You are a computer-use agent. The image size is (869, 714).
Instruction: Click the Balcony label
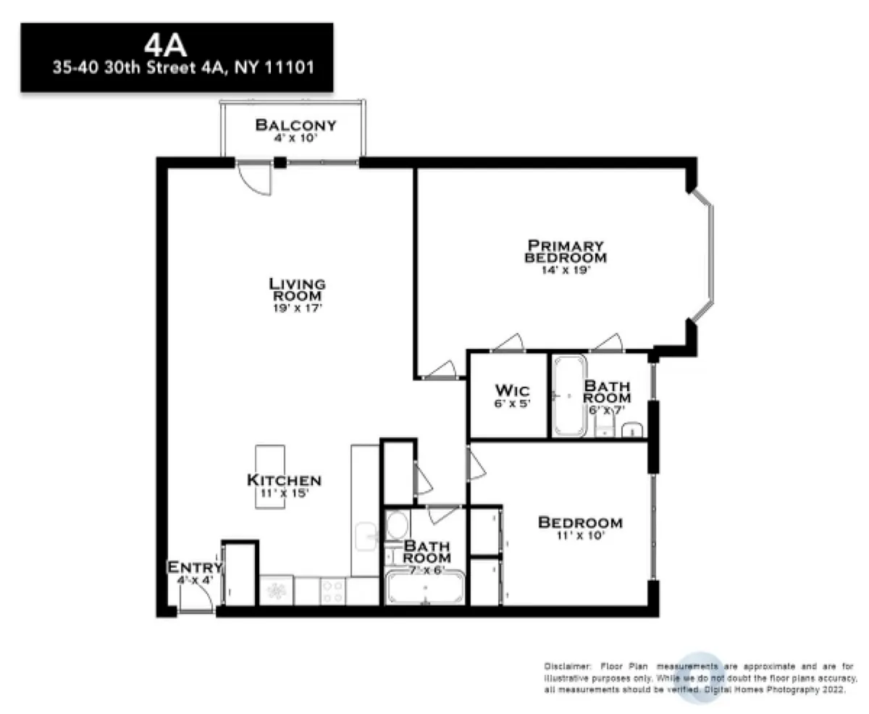pos(295,125)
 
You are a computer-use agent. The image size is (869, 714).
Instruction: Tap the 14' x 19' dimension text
pos(565,270)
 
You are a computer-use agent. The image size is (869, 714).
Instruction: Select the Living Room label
pos(297,290)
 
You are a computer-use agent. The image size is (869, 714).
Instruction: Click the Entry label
pos(195,567)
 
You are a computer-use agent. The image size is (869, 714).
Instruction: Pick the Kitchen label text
pos(284,480)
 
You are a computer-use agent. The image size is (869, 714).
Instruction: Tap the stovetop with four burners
pos(335,591)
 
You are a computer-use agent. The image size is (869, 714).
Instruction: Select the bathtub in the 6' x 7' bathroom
pos(570,395)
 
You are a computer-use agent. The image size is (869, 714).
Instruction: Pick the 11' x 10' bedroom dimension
pos(579,537)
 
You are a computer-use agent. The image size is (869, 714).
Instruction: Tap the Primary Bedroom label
pos(566,251)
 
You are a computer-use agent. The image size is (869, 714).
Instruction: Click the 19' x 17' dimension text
pos(297,308)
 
